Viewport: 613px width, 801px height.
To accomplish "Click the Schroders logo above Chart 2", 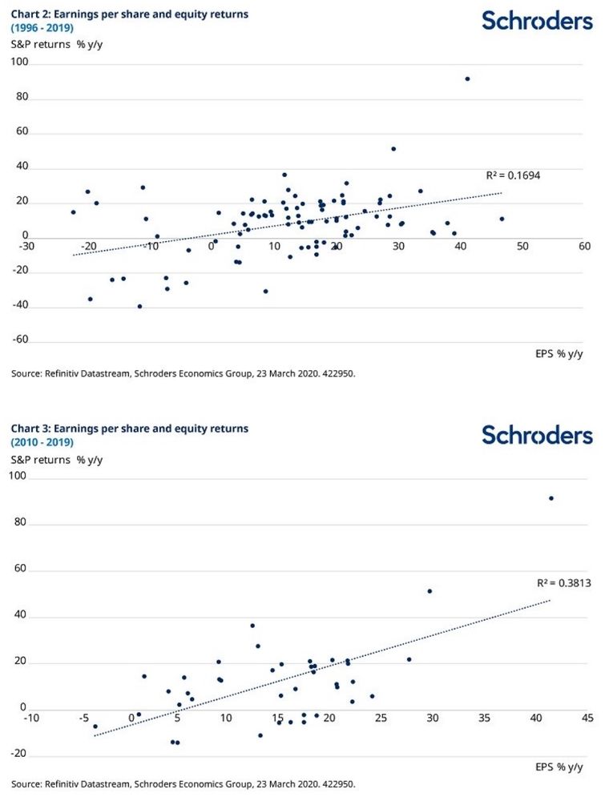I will (x=537, y=21).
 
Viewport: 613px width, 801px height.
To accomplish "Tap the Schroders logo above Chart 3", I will (x=537, y=435).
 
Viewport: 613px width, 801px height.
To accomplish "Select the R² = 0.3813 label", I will (x=565, y=583).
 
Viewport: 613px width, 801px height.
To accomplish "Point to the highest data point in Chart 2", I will (x=467, y=78).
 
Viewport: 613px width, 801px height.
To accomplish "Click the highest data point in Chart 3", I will (x=551, y=498).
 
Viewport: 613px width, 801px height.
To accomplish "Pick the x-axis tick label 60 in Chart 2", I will (x=584, y=246).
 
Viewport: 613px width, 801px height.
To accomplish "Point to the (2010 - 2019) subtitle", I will (x=42, y=442).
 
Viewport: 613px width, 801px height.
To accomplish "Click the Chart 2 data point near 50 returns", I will (x=393, y=149).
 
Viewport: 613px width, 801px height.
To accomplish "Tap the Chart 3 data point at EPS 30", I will (x=430, y=591).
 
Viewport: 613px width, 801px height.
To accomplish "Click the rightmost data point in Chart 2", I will (x=502, y=219).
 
